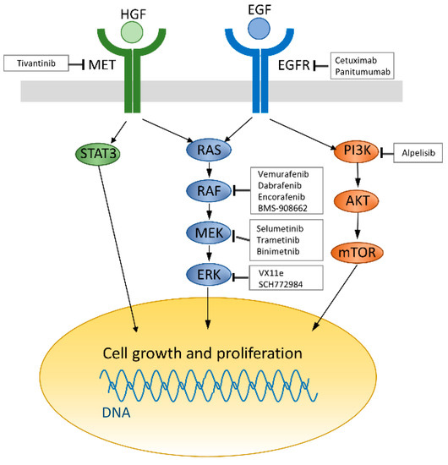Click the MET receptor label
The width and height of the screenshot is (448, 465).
(x=101, y=64)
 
